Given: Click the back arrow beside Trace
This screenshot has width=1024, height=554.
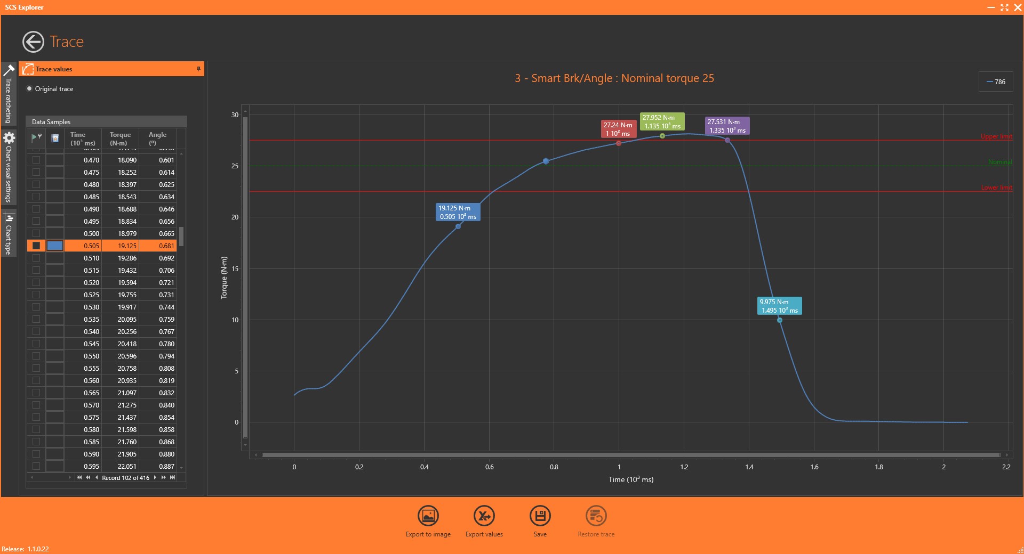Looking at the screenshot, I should tap(33, 42).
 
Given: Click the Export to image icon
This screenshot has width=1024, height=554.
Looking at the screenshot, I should tap(428, 516).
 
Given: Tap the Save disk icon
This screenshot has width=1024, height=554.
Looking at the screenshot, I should tap(540, 516).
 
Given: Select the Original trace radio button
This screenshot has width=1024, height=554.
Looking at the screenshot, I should tap(29, 89).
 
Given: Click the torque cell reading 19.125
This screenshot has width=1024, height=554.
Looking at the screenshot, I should tap(127, 246).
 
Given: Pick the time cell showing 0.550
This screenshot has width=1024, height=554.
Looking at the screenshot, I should tap(91, 356).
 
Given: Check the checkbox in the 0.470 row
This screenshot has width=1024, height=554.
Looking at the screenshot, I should tap(36, 160).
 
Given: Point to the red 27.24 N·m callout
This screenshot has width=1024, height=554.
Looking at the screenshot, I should tap(618, 129).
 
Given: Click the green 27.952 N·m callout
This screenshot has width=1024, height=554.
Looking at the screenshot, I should tap(661, 121).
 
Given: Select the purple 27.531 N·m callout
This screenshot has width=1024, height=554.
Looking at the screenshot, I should tap(726, 126).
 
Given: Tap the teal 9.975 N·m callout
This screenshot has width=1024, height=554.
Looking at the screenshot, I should tap(779, 306).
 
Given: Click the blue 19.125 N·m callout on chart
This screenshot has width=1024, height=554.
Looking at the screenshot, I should tap(458, 212).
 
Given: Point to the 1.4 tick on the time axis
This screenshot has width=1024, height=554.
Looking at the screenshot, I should tap(749, 467).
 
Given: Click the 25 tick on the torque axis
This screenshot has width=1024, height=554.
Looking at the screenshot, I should tap(235, 166).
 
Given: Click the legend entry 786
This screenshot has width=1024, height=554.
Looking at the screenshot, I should tap(996, 82).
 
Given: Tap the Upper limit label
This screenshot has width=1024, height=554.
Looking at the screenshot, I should tap(996, 137).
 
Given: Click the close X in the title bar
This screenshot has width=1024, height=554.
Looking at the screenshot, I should tap(1017, 7).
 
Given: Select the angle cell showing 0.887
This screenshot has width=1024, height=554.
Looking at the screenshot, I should tap(166, 467).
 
